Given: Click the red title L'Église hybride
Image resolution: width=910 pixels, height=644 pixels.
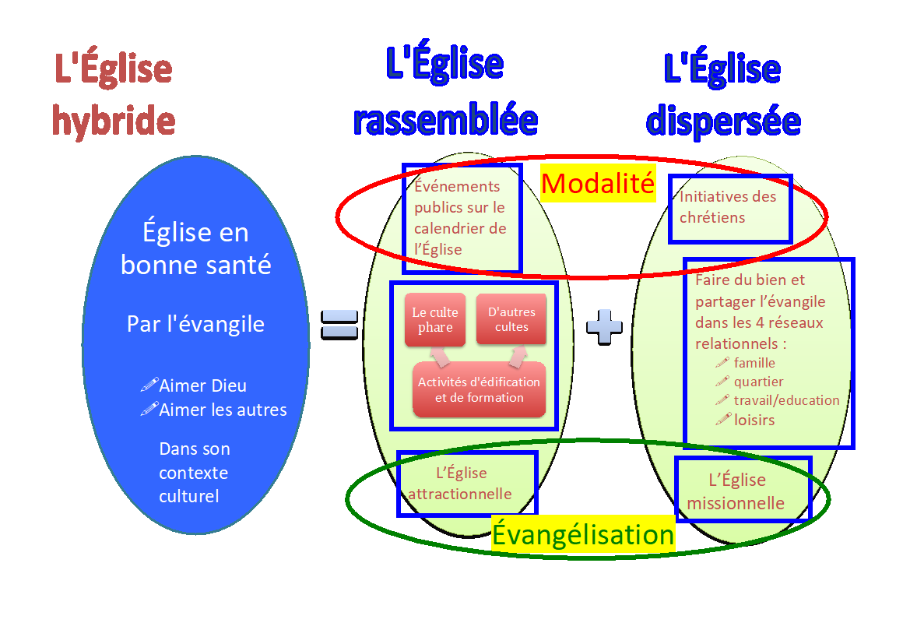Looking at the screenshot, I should (x=114, y=95).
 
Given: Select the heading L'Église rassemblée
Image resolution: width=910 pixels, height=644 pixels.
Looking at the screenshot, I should (x=445, y=92).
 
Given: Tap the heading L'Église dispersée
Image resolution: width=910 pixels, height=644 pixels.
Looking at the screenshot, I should (x=723, y=95).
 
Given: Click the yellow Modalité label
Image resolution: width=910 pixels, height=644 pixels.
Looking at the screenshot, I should (x=598, y=183).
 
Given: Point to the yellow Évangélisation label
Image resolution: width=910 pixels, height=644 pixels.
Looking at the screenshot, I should (x=583, y=535).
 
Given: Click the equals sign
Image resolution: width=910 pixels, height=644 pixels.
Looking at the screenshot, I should (x=340, y=324).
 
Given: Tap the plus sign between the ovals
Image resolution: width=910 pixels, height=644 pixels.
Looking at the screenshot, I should (x=604, y=326).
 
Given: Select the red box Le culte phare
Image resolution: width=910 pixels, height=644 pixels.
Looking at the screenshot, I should (x=435, y=319).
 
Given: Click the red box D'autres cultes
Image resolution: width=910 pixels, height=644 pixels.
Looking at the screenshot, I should (x=511, y=319).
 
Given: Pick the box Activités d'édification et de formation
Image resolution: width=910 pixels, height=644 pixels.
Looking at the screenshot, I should (x=479, y=389).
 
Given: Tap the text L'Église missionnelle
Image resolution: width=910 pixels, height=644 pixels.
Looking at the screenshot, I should (x=736, y=491).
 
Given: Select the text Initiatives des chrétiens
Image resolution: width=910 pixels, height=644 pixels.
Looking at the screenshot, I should (x=728, y=207).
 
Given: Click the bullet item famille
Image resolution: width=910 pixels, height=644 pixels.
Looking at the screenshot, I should (x=754, y=363).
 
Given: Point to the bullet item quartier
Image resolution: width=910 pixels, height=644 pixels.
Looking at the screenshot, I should (x=758, y=382).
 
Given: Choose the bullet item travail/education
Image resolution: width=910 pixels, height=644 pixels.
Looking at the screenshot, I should (x=786, y=400).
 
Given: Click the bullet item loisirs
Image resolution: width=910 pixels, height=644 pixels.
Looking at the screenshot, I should (x=754, y=420).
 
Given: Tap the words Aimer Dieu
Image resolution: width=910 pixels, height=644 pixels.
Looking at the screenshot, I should (x=202, y=385).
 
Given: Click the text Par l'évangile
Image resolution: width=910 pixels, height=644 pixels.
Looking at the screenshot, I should (x=195, y=324).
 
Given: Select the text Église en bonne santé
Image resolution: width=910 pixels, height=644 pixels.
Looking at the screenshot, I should (x=195, y=248).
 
